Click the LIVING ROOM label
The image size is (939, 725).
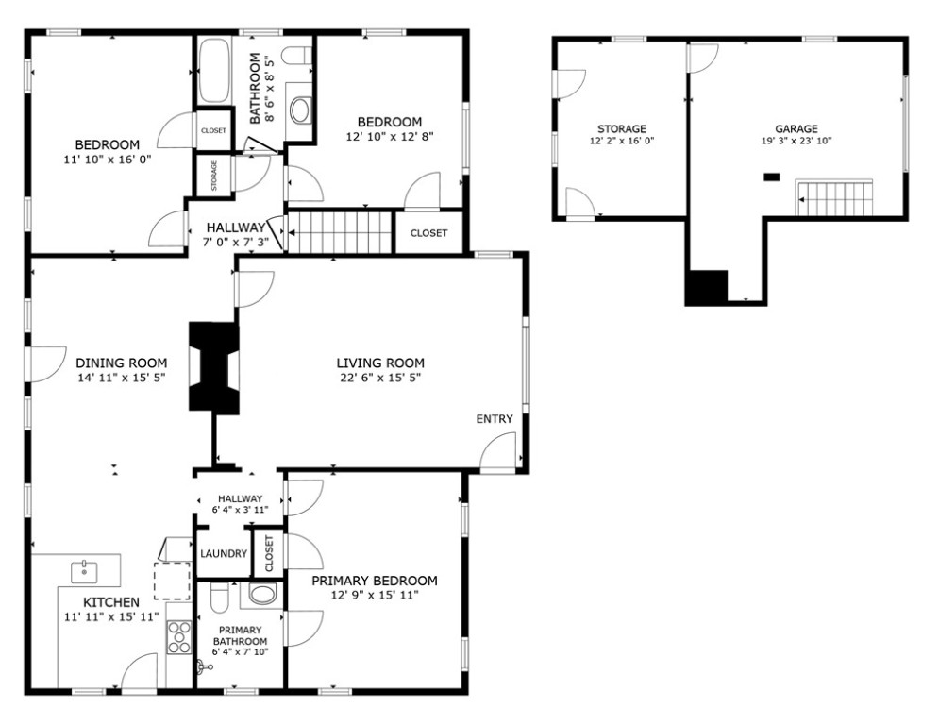380,362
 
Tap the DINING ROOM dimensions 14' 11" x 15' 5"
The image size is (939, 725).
121,378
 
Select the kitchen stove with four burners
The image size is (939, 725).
179,637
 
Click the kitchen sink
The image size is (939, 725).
84,572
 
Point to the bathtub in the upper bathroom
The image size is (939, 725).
214,71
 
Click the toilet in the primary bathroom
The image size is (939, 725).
220,597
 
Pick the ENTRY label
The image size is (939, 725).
495,419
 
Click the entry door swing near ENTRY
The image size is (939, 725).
497,453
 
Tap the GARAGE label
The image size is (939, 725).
796,128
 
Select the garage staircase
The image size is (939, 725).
834,197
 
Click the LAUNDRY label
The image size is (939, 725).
224,553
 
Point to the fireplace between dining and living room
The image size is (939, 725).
214,366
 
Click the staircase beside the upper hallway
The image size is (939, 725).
340,232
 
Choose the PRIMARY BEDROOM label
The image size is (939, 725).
375,581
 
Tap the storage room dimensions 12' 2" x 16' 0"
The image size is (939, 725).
622,142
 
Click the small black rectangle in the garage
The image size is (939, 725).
771,177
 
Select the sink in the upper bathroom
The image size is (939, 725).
299,110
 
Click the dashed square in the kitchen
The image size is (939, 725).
173,581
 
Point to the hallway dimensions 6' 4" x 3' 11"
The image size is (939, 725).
240,510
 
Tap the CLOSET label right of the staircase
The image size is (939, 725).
428,233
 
